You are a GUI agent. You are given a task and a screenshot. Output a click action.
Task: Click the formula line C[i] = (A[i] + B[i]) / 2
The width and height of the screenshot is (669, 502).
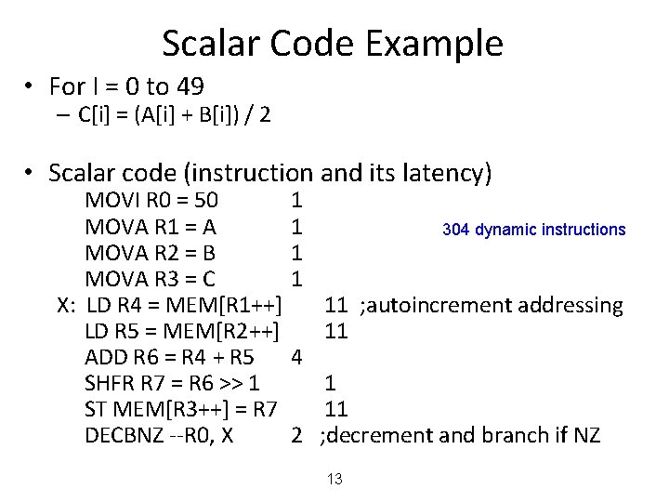point(176,115)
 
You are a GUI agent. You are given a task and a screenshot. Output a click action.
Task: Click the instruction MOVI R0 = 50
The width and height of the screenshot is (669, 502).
point(151,200)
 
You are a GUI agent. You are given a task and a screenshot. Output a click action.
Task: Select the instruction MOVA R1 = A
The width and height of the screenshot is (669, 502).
point(151,226)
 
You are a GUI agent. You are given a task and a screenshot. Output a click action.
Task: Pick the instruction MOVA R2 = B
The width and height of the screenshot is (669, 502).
point(151,252)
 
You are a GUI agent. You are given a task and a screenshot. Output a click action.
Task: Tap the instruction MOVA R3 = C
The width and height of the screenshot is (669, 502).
point(151,278)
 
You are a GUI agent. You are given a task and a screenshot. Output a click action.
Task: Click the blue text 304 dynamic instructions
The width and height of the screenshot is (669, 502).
point(534,230)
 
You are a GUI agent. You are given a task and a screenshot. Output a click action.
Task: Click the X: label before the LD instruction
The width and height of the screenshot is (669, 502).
point(66,305)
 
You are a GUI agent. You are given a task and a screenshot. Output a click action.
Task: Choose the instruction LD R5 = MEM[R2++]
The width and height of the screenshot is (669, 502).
point(182,331)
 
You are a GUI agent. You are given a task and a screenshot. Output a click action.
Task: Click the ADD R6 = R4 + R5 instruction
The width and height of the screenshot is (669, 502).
point(170,357)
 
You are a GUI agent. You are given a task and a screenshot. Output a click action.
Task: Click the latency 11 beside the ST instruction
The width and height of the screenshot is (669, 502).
point(335,409)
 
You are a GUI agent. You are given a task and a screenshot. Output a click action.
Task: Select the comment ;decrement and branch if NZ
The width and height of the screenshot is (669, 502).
point(460,435)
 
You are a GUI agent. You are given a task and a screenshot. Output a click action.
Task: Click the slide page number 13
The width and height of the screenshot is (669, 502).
point(334,479)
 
